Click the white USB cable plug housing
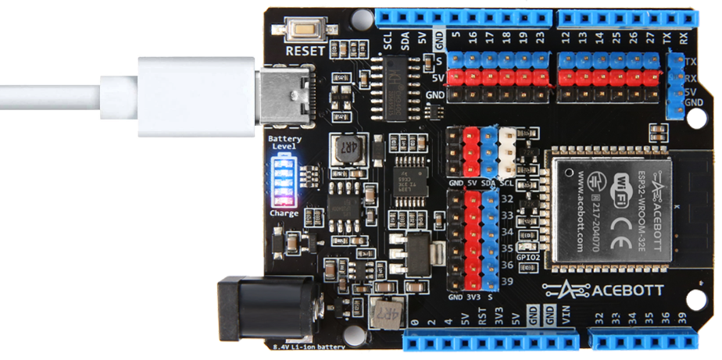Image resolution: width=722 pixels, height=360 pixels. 196,96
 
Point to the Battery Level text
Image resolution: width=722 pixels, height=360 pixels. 284,142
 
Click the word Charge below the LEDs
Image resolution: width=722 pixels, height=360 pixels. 284,212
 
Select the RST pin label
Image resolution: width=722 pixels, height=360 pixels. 482,318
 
